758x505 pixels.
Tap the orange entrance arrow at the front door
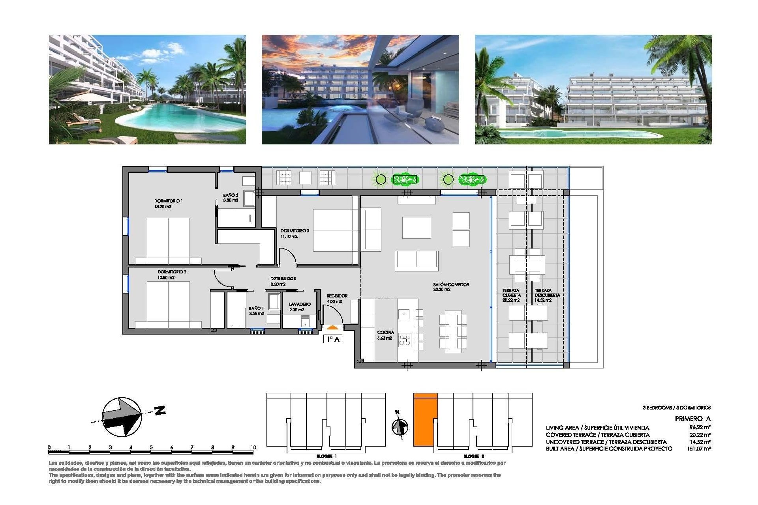point(332,327)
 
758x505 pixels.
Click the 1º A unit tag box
point(332,339)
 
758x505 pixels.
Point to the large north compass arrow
point(122,417)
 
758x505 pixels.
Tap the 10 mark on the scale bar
point(253,447)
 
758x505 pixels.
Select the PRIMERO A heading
point(692,419)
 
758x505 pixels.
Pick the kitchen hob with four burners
point(405,340)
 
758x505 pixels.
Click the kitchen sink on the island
point(403,314)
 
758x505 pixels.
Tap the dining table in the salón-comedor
point(453,331)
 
